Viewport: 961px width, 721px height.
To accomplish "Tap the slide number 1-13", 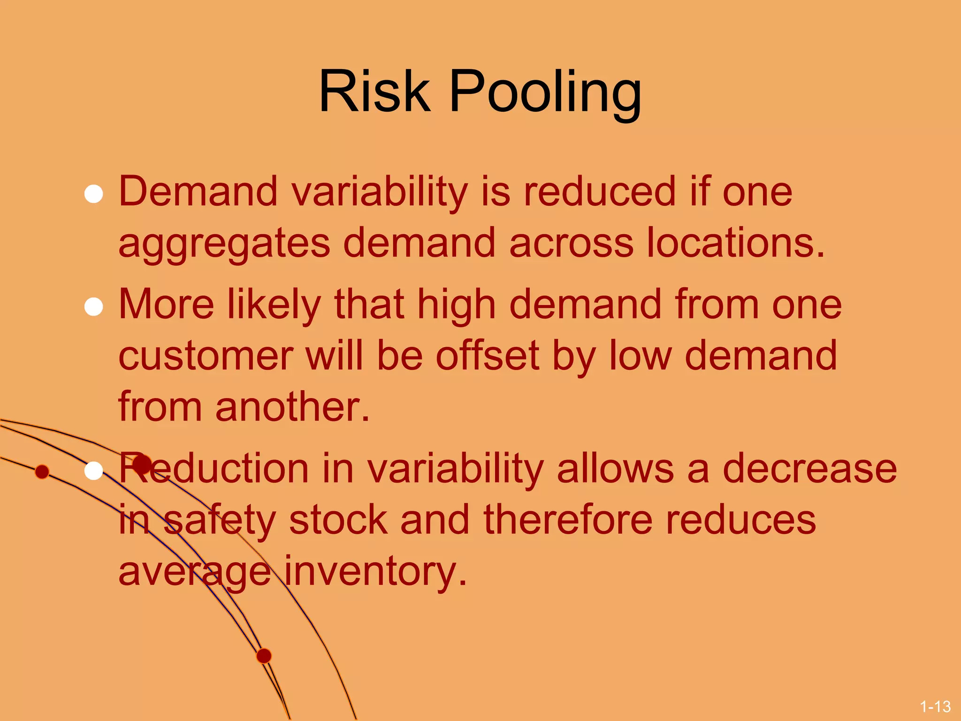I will click(935, 706).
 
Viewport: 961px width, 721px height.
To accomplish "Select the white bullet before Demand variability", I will click(94, 194).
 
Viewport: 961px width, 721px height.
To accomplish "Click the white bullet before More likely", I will click(94, 307).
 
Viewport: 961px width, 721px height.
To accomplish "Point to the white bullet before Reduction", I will click(94, 471).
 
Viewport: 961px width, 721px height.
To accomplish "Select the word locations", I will click(735, 243).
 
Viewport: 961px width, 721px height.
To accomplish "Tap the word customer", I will click(206, 355).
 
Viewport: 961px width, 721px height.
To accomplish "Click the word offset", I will click(487, 355).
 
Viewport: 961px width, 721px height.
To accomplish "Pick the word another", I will click(292, 407).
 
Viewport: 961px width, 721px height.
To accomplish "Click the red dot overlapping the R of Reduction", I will click(142, 464).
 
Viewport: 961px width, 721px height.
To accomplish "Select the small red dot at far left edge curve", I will click(42, 472).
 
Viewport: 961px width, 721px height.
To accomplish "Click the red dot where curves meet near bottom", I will click(264, 656).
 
